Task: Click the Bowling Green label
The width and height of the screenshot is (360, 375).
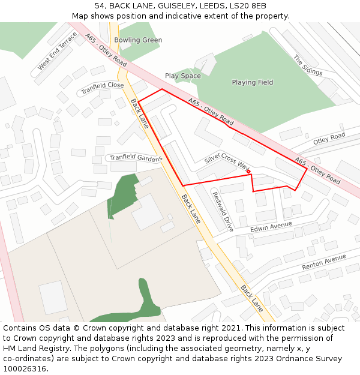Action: pos(138,40)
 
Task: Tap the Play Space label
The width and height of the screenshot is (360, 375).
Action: pos(183,76)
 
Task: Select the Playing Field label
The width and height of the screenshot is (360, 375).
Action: pos(252,82)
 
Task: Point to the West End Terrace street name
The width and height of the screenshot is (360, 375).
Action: pos(57,51)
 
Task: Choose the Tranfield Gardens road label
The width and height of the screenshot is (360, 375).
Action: pos(135,158)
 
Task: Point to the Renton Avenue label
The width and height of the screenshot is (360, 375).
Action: pos(324,262)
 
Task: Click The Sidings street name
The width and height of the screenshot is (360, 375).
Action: pos(308,65)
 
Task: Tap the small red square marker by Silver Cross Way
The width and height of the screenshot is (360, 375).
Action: pos(248,173)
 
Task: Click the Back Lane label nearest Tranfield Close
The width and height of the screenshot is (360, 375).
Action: pos(140,113)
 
